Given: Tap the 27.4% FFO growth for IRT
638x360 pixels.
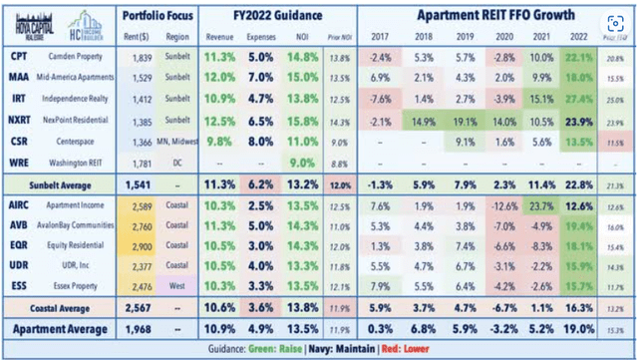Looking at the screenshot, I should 583,97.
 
